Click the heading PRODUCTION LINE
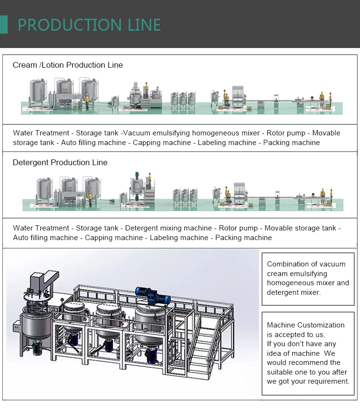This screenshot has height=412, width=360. click(89, 24)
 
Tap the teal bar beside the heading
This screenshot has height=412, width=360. click(4, 24)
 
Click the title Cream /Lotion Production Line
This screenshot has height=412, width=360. click(68, 65)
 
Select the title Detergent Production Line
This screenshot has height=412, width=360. click(60, 162)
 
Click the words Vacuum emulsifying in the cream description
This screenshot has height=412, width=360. click(154, 133)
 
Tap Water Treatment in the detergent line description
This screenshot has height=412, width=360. click(41, 228)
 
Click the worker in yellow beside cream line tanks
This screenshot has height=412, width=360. click(87, 101)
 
